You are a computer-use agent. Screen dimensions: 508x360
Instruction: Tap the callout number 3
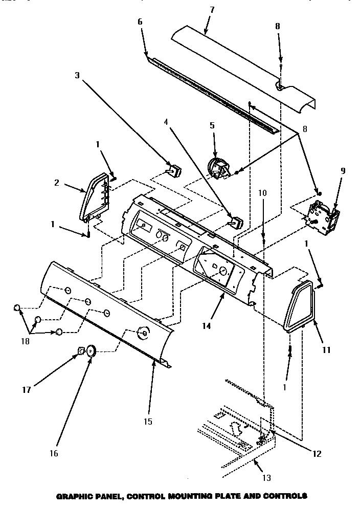(x=77, y=76)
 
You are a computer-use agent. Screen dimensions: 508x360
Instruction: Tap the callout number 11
(x=326, y=350)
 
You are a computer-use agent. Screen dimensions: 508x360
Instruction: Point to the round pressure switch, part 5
(x=218, y=169)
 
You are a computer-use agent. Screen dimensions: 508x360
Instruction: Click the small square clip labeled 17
(x=80, y=350)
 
